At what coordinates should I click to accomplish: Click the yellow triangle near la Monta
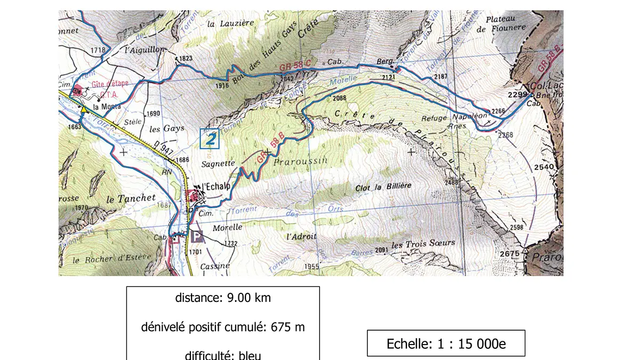(x=84, y=109)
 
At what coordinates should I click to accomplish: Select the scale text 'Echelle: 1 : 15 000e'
(x=446, y=343)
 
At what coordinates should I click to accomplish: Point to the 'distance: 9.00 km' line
(x=223, y=298)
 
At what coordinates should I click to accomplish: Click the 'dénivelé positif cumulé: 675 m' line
(x=223, y=327)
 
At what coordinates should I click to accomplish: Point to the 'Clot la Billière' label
(x=383, y=187)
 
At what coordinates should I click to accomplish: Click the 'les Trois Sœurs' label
(x=423, y=244)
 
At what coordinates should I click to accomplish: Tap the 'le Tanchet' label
(x=131, y=198)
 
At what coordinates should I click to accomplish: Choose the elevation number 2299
(x=517, y=94)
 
